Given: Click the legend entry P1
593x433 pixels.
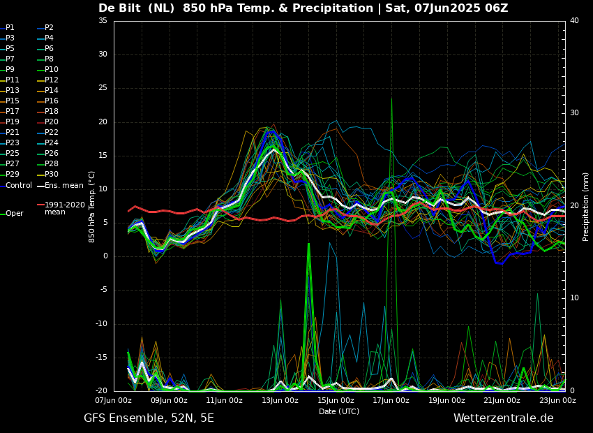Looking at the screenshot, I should tap(10, 28).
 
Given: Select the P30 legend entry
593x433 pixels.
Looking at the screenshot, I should tap(52, 175).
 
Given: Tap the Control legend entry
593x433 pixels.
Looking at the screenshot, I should tap(19, 186).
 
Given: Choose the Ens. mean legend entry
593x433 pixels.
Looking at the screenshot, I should tap(63, 186).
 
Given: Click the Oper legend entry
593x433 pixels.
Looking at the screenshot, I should tap(14, 214).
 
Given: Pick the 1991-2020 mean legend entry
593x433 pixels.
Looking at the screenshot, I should tap(64, 208).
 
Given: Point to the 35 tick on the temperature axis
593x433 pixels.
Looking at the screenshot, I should tap(103, 21).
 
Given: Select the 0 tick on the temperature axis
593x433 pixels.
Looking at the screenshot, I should tap(105, 256).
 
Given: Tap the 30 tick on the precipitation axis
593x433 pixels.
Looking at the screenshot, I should tap(574, 113).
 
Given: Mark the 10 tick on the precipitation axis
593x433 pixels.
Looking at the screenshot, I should tap(574, 298).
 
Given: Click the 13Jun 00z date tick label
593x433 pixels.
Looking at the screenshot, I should tap(280, 401).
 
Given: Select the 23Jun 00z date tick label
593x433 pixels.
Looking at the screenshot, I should tap(557, 401).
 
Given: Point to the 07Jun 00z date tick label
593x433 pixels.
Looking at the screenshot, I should tap(114, 401).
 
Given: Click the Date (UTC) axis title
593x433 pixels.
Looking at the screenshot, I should tap(339, 412).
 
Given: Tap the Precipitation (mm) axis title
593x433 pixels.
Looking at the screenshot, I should tap(586, 207).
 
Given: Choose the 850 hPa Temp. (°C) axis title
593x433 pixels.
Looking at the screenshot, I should tap(92, 207).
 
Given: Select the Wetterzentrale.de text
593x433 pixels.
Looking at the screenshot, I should tap(503, 418).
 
